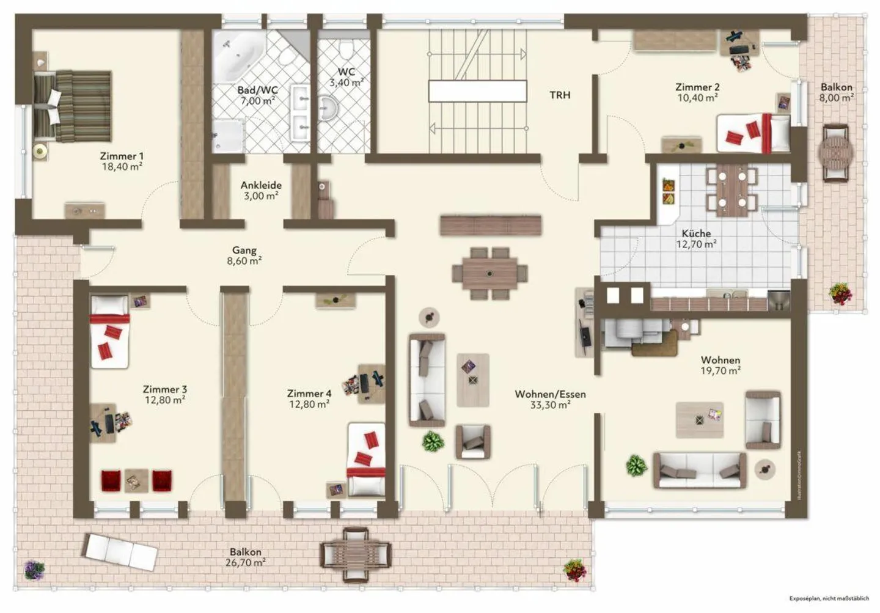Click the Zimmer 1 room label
pos(122,156)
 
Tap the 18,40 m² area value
pos(122,167)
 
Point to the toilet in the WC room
pos(346,49)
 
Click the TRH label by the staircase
pos(560,95)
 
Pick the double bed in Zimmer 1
pos(73,106)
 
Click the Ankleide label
pos(261,185)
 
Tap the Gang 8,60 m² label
pos(244,255)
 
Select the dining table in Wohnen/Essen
pos(490,273)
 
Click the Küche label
pos(696,233)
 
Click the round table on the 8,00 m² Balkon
pos(835,153)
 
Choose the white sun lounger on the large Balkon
pos(121,552)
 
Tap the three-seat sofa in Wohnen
pos(699,471)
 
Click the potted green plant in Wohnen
pos(636,466)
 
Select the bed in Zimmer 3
pos(109,332)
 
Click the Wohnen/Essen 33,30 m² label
pos(550,399)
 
